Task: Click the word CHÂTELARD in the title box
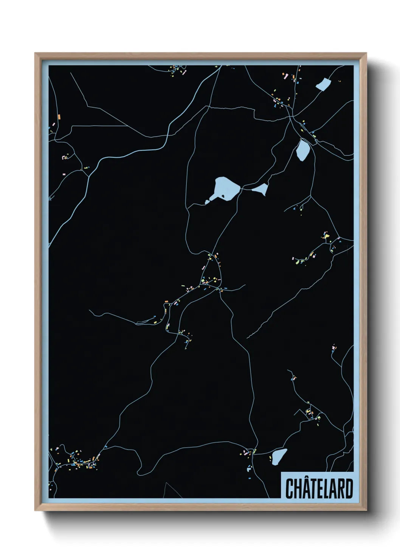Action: tap(319, 488)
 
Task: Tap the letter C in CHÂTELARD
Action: tap(289, 489)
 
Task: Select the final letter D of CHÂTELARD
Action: tap(349, 489)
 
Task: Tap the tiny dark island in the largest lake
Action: tap(223, 196)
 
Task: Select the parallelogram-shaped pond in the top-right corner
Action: tap(323, 84)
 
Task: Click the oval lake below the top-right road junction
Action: tap(303, 150)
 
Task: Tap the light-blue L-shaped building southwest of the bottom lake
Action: tap(248, 470)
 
